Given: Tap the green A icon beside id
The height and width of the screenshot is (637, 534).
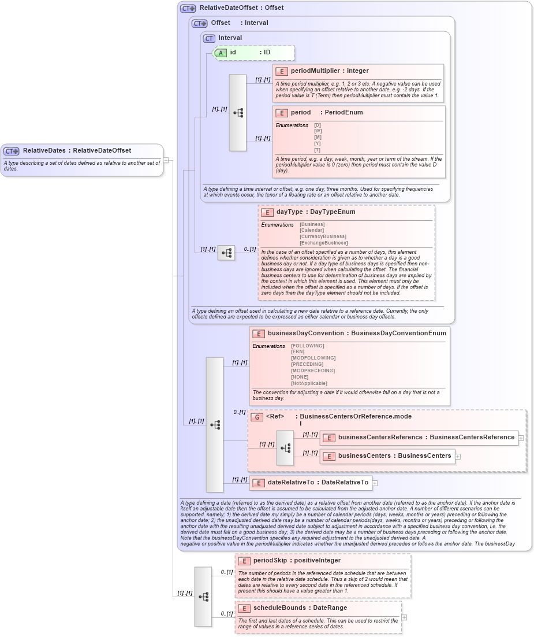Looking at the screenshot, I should click(x=221, y=53).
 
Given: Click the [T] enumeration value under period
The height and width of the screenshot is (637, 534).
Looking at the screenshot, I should click(x=317, y=150).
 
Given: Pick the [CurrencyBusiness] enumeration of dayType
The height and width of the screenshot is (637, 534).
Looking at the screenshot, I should click(x=323, y=236).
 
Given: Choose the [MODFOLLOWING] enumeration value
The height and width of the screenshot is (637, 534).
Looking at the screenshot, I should click(x=313, y=358).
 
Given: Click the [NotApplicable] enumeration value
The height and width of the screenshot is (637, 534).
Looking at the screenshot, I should click(x=309, y=383).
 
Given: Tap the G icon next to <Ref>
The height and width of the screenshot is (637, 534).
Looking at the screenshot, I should click(x=257, y=417).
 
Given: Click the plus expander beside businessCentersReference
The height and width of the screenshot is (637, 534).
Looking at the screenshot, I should click(x=521, y=438).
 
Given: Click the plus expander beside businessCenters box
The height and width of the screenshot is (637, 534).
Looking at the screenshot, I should click(x=458, y=457).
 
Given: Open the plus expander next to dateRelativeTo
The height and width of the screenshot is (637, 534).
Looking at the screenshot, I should click(x=375, y=483).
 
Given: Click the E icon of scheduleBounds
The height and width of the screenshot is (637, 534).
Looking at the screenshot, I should click(x=244, y=609).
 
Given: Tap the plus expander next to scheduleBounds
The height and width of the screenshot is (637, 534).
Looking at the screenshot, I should click(x=404, y=617).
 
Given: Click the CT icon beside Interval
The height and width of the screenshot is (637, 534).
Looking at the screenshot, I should click(x=209, y=38).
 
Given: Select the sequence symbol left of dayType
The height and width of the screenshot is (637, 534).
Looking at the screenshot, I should click(x=226, y=253).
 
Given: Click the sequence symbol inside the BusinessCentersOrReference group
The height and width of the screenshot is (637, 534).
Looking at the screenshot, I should click(x=285, y=447).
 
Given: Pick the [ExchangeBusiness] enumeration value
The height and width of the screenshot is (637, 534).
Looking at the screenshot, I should click(x=323, y=243).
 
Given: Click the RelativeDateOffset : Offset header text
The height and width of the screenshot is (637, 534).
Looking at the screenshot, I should click(x=241, y=8).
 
